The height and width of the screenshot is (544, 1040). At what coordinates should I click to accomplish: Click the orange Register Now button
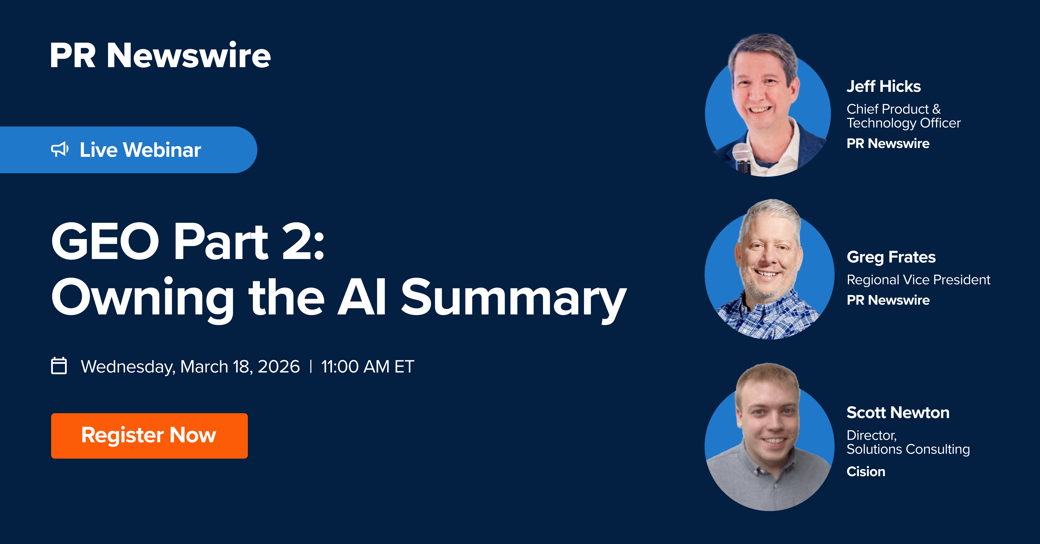[149, 435]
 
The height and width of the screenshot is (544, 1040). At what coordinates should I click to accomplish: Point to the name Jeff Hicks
[884, 86]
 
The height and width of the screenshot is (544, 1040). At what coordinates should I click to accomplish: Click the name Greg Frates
[891, 257]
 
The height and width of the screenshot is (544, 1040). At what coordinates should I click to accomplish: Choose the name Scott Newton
[898, 412]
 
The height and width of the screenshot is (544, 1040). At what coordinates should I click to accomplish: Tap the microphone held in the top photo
[742, 157]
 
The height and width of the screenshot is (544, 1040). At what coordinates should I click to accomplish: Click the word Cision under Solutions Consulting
[866, 471]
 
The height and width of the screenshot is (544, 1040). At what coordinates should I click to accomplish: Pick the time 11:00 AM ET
[367, 366]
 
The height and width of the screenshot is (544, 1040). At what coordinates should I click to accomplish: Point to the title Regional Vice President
[918, 280]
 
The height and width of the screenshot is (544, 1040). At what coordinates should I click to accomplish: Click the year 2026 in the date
[278, 366]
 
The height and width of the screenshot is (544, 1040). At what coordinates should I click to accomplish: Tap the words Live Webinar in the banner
[140, 150]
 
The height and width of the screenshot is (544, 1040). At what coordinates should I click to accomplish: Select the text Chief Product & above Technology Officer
[894, 109]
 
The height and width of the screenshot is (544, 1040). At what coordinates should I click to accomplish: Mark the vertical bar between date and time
[311, 366]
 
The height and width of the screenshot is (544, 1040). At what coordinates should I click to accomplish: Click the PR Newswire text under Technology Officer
[888, 143]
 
